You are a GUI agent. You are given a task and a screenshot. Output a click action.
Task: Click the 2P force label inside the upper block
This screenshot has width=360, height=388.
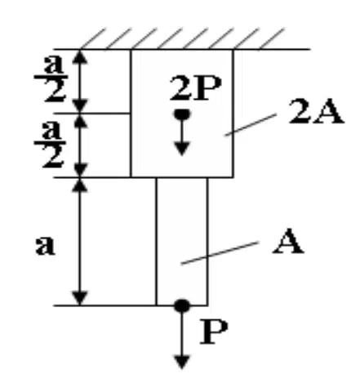pos(195,88)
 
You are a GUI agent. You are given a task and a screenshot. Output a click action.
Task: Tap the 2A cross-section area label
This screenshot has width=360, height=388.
pos(316,112)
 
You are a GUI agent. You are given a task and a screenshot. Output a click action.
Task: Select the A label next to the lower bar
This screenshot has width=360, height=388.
pos(288,241)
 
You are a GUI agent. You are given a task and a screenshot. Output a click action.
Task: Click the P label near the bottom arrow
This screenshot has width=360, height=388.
pos(214,332)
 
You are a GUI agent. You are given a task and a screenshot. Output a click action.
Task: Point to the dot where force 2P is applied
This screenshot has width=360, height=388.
pos(182,114)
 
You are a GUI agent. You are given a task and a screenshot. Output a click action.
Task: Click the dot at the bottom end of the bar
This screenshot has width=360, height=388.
pos(182,305)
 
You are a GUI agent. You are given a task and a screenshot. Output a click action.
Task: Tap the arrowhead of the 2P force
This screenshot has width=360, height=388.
pos(182,149)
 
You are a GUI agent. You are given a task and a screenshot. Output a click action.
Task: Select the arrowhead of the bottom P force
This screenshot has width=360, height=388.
pos(182,362)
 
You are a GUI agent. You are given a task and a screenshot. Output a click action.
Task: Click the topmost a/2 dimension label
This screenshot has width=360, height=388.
pos(52,79)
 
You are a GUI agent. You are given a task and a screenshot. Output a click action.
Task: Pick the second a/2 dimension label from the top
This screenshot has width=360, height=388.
pos(51,145)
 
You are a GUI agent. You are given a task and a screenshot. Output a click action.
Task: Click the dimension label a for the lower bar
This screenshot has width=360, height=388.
pos(46,245)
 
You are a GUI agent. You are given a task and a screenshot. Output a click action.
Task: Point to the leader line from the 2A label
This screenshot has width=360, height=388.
pos(251,124)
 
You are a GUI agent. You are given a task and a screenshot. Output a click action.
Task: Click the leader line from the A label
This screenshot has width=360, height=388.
pos(220,252)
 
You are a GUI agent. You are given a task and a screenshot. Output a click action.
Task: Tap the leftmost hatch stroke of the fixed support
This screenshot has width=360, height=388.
pos(92,38)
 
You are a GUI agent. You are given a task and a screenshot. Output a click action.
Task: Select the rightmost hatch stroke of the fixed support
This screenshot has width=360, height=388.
pos(271,39)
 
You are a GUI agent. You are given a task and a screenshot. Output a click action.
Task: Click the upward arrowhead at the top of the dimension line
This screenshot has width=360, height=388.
pos(80,57)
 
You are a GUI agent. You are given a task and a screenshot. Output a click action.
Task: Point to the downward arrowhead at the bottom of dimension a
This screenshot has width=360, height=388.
pos(80,297)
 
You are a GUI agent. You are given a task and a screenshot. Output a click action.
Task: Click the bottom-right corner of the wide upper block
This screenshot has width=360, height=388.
pos(233,177)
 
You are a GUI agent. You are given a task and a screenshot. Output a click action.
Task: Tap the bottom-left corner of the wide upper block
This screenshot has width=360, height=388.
pos(131,177)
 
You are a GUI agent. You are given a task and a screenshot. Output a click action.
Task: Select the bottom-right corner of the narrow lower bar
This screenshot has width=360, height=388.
pos(207,305)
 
